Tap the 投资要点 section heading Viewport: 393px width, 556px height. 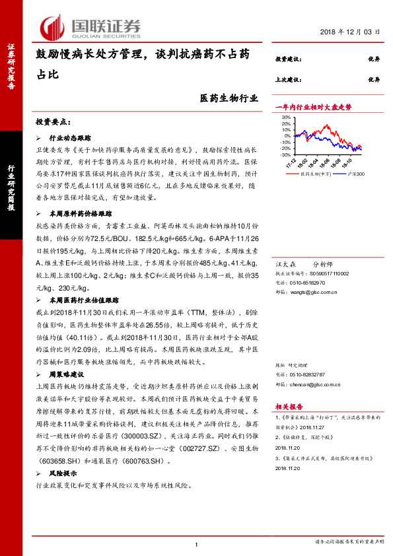[54, 122]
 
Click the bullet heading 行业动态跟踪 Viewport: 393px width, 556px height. [69, 140]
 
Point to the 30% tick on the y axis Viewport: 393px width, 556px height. [286, 118]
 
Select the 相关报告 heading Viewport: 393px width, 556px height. [289, 407]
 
